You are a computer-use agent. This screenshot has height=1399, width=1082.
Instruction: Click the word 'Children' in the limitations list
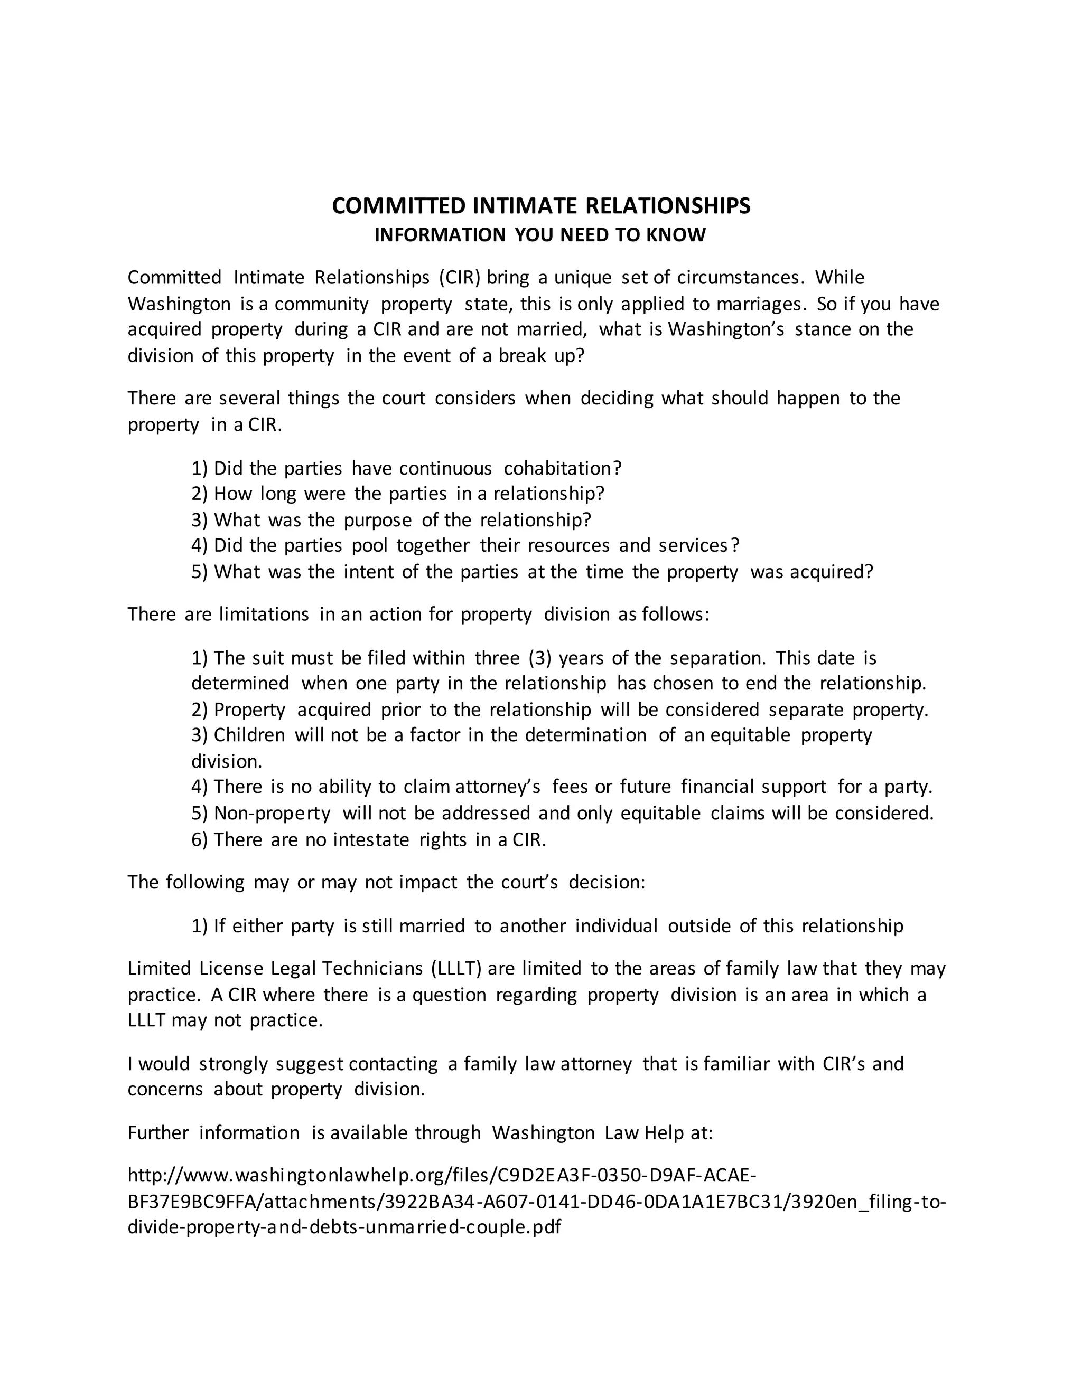[249, 735]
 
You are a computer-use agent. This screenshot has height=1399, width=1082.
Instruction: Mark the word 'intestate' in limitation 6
[371, 840]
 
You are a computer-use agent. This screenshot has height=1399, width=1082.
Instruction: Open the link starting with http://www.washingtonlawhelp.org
[442, 1176]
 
